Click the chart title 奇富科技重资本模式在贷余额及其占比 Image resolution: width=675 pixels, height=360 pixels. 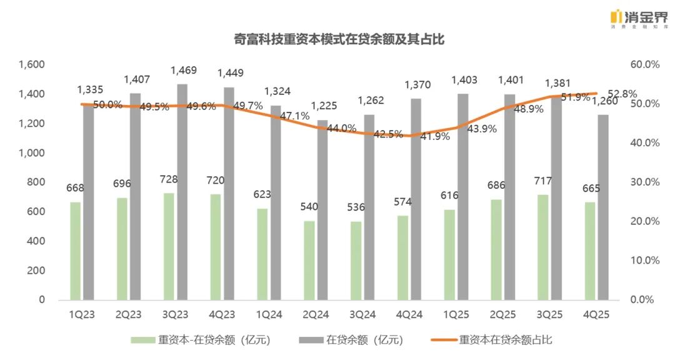[337, 39]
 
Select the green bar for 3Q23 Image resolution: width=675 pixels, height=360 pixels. [168, 246]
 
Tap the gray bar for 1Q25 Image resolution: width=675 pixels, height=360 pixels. [462, 196]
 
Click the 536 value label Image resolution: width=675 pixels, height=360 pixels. [356, 207]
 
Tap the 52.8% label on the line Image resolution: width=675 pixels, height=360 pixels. [622, 94]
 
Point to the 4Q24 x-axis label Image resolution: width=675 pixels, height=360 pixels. [409, 314]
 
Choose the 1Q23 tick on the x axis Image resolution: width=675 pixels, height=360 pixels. [81, 314]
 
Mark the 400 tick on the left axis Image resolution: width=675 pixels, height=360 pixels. [37, 241]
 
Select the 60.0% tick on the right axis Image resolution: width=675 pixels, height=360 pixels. [644, 65]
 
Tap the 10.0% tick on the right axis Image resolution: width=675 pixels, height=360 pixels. [644, 261]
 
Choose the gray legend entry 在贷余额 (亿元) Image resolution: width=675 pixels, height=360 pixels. [356, 340]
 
